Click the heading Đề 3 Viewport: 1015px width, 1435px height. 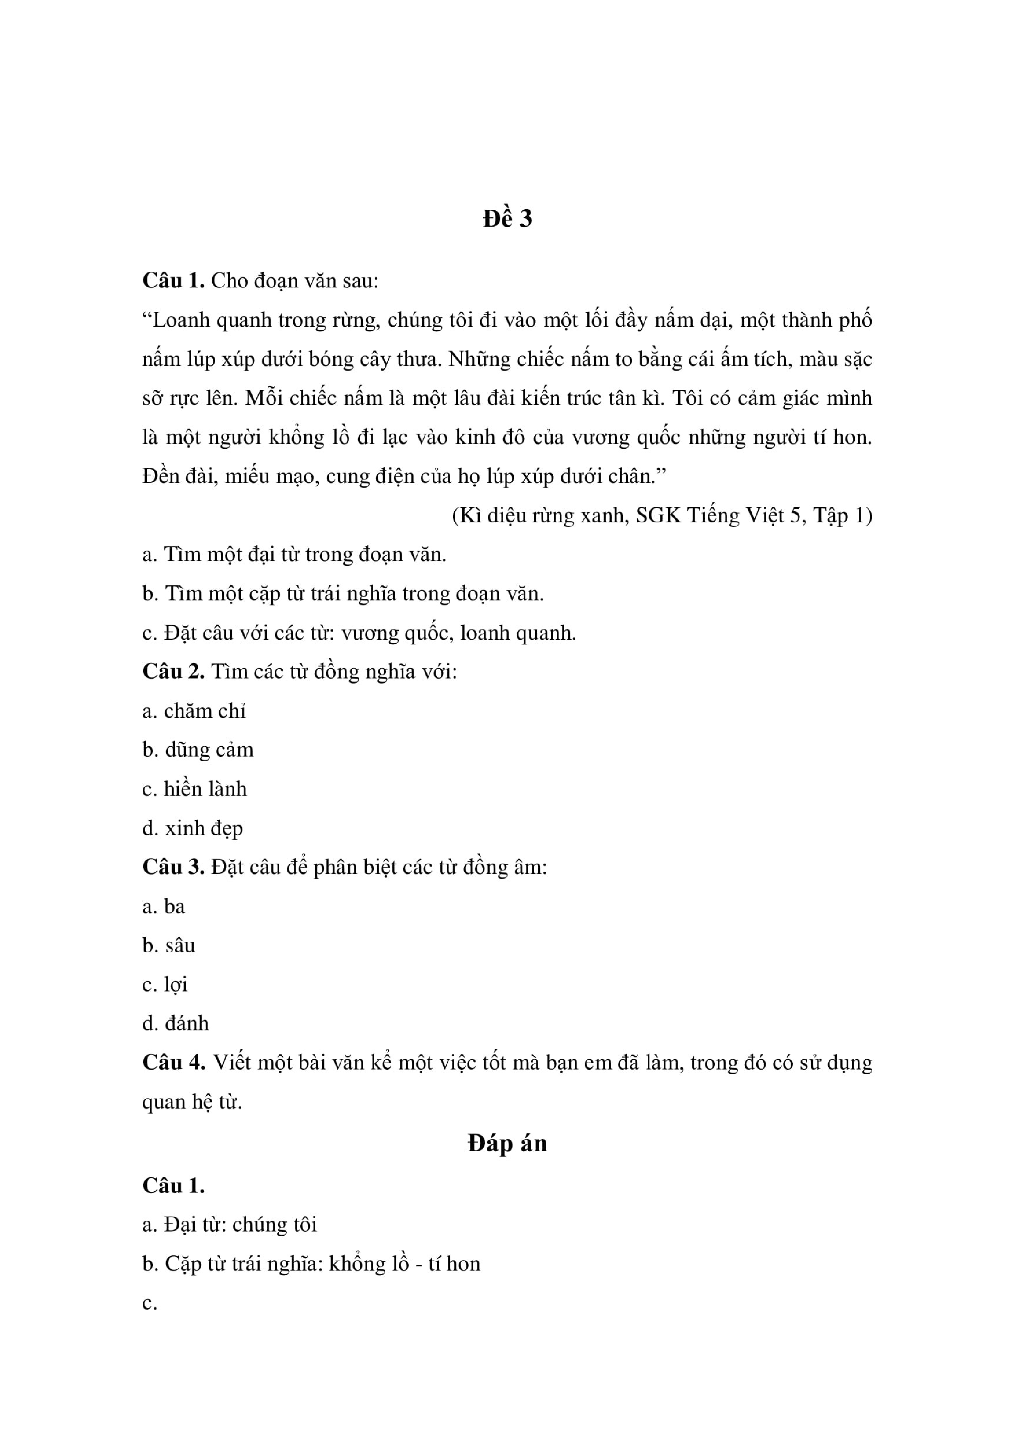507,219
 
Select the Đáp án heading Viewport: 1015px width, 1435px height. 507,1143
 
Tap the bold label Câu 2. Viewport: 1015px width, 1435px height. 173,671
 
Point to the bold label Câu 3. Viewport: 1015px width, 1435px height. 173,867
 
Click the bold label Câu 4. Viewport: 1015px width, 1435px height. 173,1062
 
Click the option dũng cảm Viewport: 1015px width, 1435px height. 209,750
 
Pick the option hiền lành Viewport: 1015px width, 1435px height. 205,789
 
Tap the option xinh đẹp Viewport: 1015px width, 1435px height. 204,828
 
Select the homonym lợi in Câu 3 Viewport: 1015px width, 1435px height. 176,984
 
